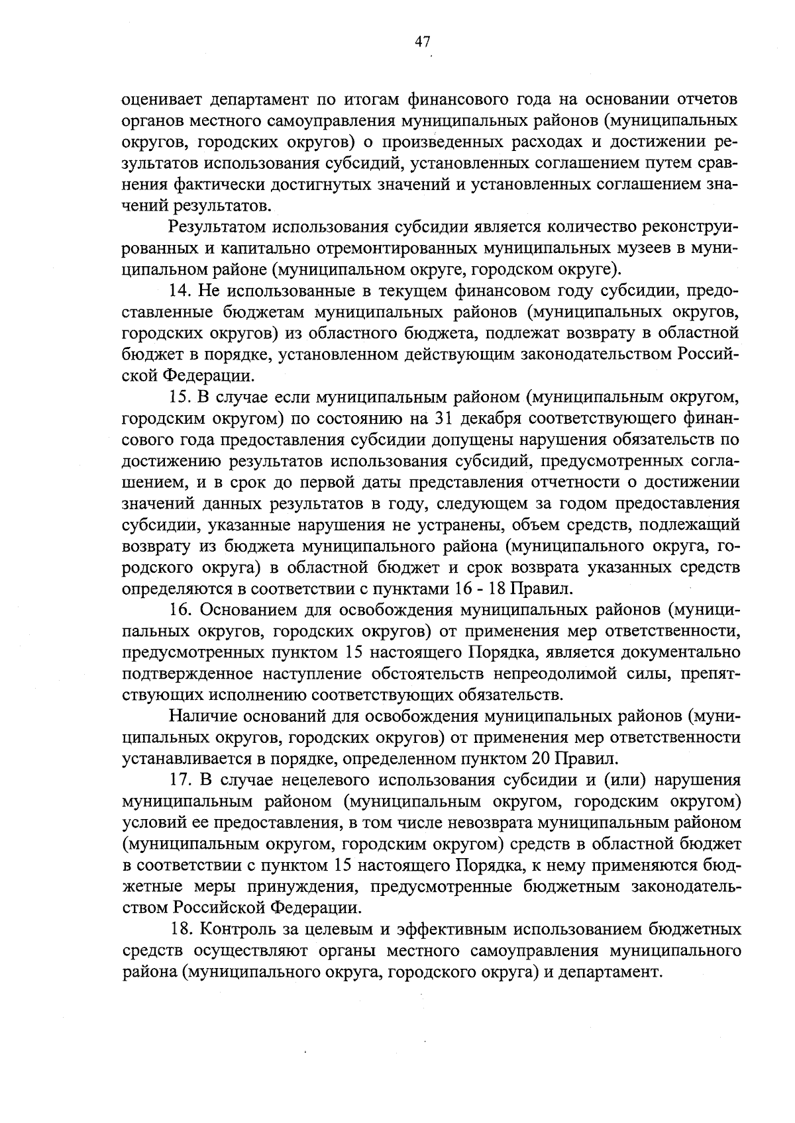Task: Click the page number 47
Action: pyautogui.click(x=423, y=42)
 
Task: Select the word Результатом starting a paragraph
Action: pyautogui.click(x=216, y=228)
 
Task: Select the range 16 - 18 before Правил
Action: pyautogui.click(x=482, y=589)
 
